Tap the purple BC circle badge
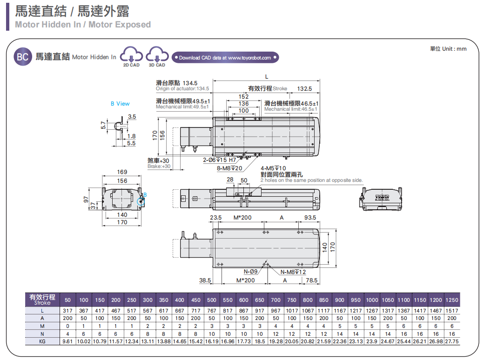pos(22,57)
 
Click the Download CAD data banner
pos(225,58)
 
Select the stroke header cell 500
pos(211,300)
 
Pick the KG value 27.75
pos(451,341)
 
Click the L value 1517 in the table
pos(451,311)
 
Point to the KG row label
pos(42,341)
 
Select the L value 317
pos(68,311)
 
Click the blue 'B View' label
pos(120,104)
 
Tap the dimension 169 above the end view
pos(121,173)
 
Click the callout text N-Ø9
pos(250,272)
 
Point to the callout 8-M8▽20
pos(229,168)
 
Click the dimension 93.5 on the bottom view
pos(310,218)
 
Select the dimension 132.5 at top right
pos(304,88)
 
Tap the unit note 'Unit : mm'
pos(448,49)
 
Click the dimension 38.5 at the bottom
pos(205,280)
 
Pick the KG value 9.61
pos(68,341)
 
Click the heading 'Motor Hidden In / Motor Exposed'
pos(83,24)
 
